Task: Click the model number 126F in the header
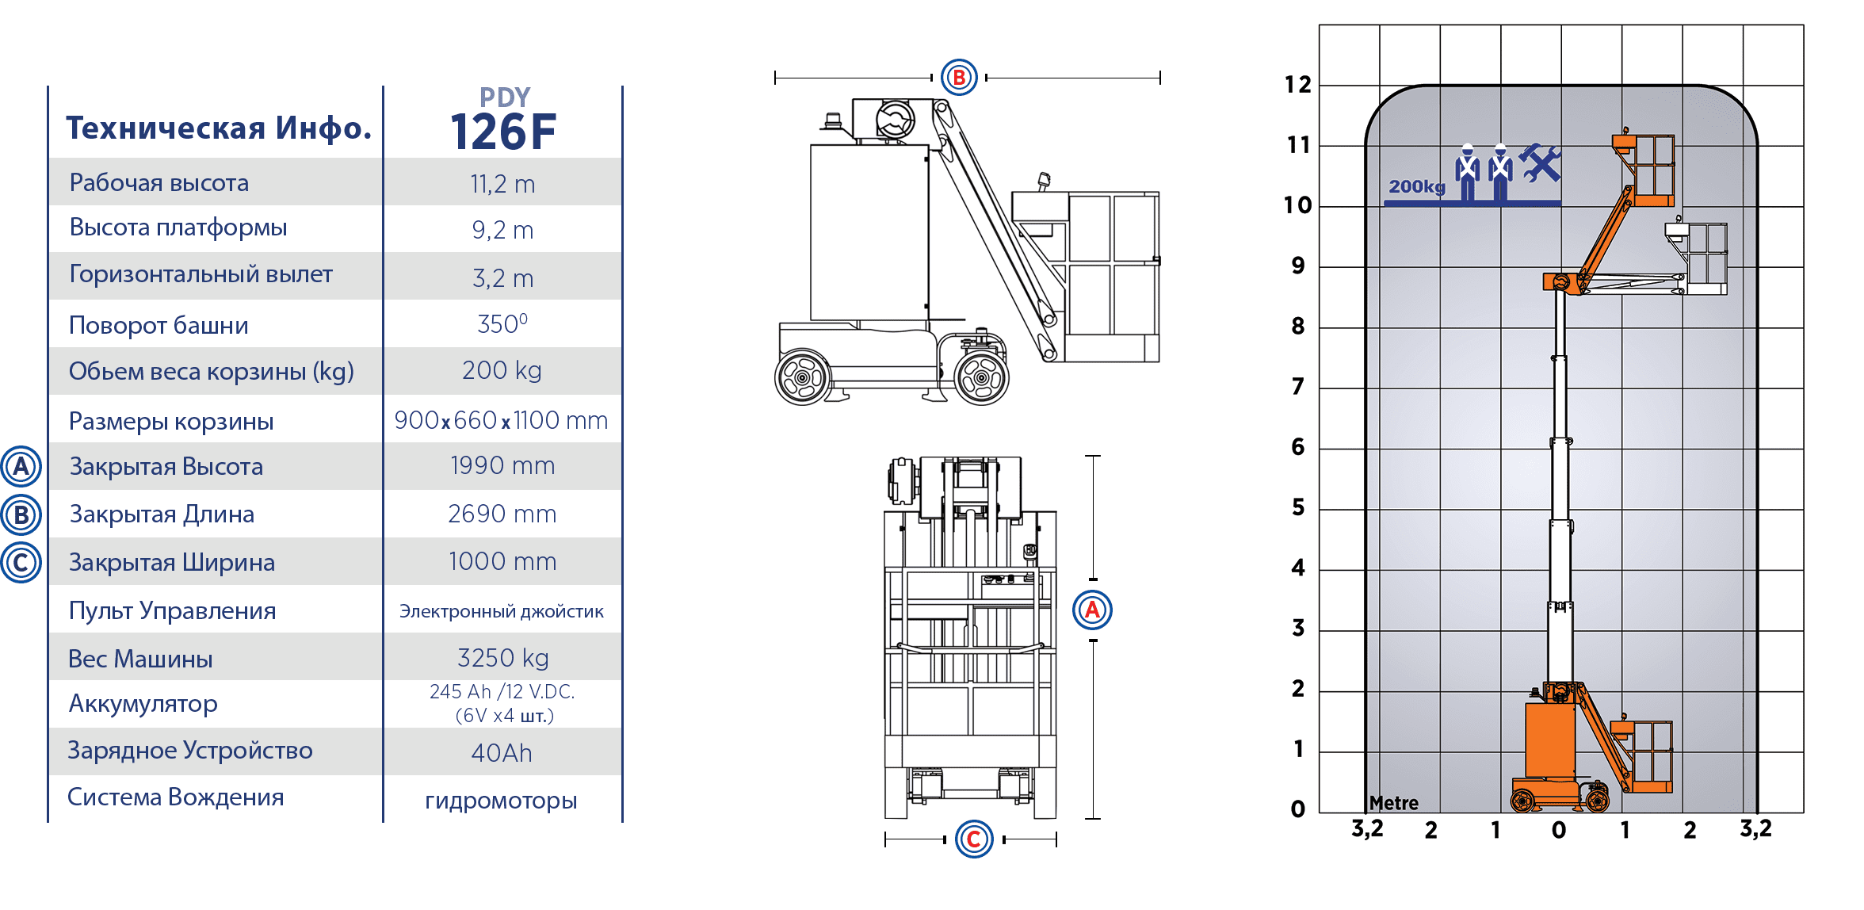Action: click(x=503, y=132)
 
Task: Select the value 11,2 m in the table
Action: click(x=502, y=184)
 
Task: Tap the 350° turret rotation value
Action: click(x=502, y=323)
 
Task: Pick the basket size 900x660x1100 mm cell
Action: click(x=501, y=420)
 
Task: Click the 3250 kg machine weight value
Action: click(x=502, y=658)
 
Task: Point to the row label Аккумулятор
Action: click(x=143, y=704)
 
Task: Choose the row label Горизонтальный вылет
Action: click(x=201, y=274)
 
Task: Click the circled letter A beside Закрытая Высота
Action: click(x=21, y=466)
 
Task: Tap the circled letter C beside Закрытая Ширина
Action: click(x=21, y=562)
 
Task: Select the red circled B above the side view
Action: click(x=959, y=78)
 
